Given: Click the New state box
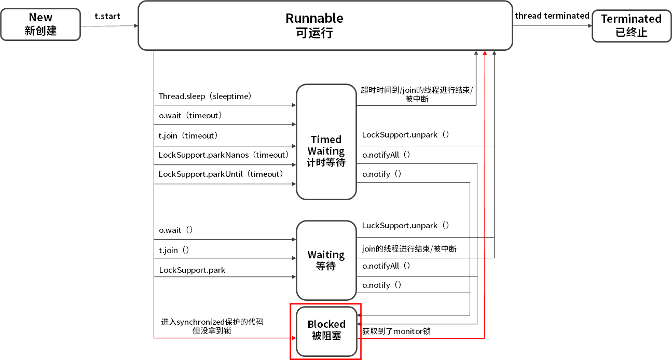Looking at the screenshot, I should (40, 24).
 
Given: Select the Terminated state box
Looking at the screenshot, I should (631, 25).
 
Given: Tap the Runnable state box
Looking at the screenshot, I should (325, 25).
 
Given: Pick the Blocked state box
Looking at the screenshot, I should (326, 330).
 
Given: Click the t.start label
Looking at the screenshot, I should (107, 16).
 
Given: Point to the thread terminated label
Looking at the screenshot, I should (552, 16).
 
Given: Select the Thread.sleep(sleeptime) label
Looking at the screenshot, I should (205, 96).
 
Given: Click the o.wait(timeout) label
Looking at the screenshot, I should (190, 116).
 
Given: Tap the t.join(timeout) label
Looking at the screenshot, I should (188, 136).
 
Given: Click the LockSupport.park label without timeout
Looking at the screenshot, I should (192, 270).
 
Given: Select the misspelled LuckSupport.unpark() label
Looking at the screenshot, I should (405, 226).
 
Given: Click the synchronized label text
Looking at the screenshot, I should (212, 322).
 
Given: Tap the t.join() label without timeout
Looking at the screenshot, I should (174, 251).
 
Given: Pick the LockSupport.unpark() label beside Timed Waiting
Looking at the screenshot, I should (405, 135).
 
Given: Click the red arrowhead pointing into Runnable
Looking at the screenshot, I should (485, 54).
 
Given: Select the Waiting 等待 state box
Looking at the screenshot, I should (326, 260).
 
